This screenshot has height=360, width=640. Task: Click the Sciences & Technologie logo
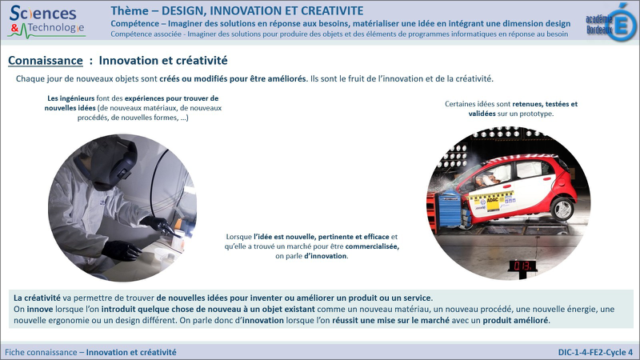46,22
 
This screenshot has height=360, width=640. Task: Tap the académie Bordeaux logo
611,23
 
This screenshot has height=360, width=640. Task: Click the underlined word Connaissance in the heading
46,61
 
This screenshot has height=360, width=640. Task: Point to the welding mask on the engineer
115,163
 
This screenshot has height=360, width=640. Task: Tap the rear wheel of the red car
562,208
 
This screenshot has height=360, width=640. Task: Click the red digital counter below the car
522,266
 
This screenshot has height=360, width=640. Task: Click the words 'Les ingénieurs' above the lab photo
70,98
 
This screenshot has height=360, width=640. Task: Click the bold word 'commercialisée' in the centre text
372,246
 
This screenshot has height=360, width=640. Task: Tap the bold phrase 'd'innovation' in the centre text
326,256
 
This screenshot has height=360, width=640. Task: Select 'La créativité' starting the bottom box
37,298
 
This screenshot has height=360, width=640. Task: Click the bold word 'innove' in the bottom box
40,310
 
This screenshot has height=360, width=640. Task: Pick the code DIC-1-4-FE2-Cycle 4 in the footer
595,352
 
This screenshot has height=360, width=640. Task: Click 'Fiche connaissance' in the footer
41,352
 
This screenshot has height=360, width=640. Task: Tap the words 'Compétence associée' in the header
146,34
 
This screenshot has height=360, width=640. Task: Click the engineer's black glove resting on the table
122,250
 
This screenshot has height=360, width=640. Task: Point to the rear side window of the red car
529,169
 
